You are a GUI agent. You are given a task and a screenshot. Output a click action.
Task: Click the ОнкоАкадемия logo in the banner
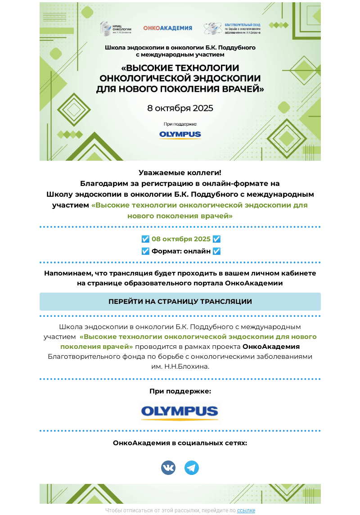pyautogui.click(x=167, y=28)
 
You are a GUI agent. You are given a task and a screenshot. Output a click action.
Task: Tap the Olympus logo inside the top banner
pyautogui.click(x=180, y=135)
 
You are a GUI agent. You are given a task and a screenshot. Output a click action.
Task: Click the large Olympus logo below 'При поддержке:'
pyautogui.click(x=180, y=411)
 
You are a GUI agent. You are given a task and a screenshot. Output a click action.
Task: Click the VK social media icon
pyautogui.click(x=168, y=468)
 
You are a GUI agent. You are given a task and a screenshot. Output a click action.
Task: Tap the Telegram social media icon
pyautogui.click(x=192, y=468)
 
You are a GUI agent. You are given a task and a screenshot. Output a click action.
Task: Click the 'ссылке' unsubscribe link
pyautogui.click(x=246, y=510)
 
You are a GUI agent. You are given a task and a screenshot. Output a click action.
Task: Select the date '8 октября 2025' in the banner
pyautogui.click(x=180, y=108)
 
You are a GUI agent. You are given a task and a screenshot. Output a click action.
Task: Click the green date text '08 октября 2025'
pyautogui.click(x=181, y=239)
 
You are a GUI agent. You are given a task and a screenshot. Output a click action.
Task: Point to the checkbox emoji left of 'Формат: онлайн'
pyautogui.click(x=145, y=251)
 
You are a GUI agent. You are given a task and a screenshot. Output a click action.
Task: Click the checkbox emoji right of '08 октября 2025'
pyautogui.click(x=216, y=239)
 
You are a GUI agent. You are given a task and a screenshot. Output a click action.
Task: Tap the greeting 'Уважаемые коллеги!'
pyautogui.click(x=180, y=172)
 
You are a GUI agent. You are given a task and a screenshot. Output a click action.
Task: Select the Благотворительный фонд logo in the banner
pyautogui.click(x=232, y=28)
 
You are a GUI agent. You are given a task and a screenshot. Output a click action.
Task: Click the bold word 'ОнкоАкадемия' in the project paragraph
pyautogui.click(x=271, y=347)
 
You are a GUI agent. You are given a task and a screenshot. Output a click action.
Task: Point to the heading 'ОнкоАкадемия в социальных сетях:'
pyautogui.click(x=180, y=443)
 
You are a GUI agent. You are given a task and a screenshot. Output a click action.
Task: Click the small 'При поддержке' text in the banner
pyautogui.click(x=180, y=124)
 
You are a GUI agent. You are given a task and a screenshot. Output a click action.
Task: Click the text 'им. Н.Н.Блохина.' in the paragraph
pyautogui.click(x=180, y=366)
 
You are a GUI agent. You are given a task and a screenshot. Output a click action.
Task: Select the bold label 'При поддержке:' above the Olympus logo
pyautogui.click(x=180, y=391)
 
